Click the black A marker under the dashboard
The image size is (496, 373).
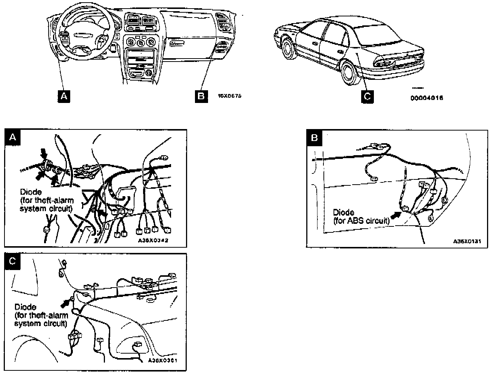click(x=64, y=96)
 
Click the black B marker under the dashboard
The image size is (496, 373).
click(x=201, y=96)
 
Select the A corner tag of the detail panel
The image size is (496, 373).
click(x=12, y=137)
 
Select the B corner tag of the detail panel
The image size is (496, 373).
click(x=314, y=138)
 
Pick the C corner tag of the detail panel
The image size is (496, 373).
click(x=12, y=261)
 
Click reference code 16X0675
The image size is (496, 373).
click(x=229, y=96)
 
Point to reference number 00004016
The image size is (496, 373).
click(x=427, y=98)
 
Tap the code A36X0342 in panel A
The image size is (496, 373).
click(x=153, y=241)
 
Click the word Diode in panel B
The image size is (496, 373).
click(x=343, y=213)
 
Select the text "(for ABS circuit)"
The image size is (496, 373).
click(x=361, y=220)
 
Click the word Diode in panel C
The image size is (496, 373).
click(x=25, y=307)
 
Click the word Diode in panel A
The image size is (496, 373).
click(x=31, y=192)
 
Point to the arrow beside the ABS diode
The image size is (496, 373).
click(x=395, y=214)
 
